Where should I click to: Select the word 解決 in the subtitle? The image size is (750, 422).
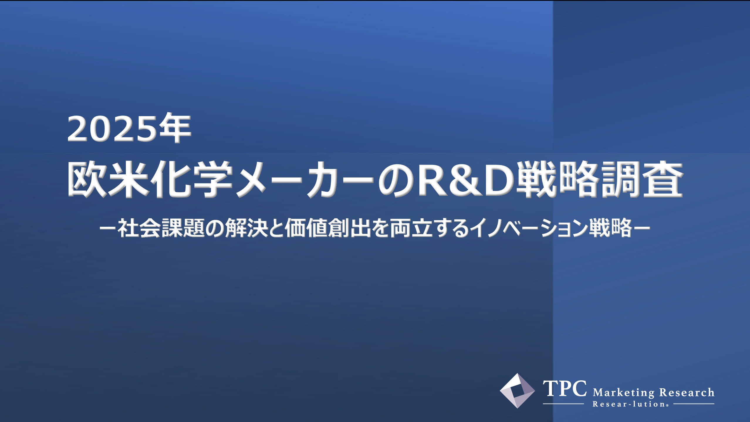[246, 228]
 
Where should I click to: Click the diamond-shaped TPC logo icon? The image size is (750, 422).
[517, 391]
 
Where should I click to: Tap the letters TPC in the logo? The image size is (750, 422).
[565, 389]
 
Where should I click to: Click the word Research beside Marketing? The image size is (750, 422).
[687, 392]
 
